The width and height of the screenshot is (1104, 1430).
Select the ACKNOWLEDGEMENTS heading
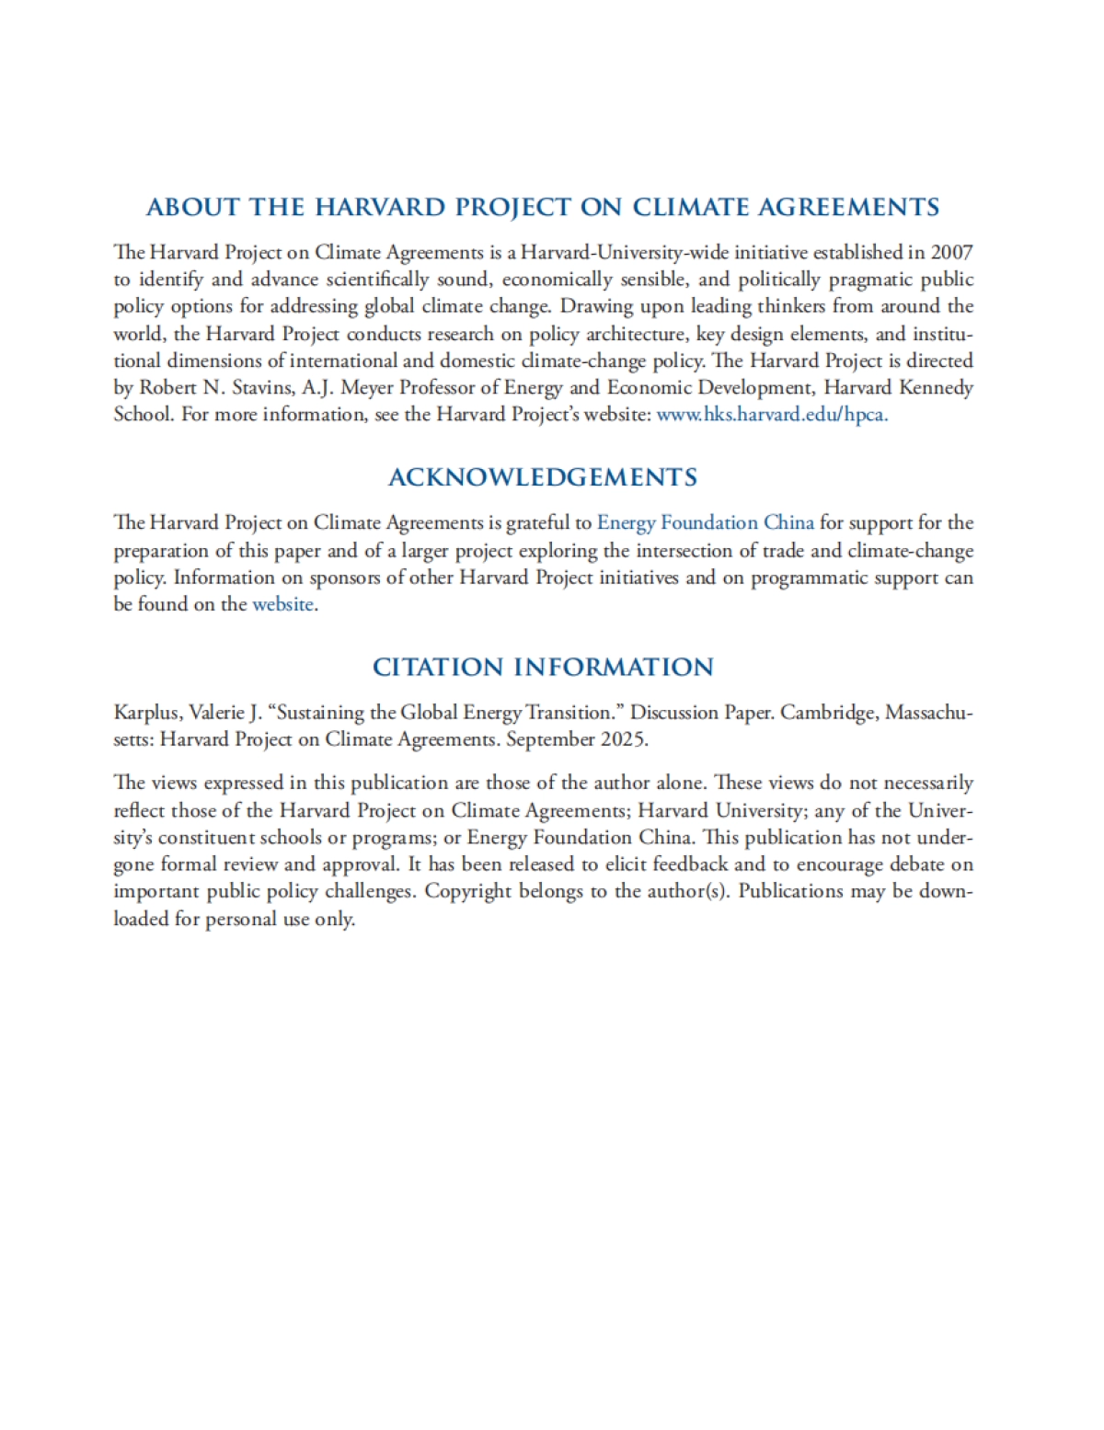(x=543, y=477)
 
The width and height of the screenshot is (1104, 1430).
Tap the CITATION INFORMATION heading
(x=543, y=667)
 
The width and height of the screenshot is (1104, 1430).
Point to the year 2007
(x=951, y=252)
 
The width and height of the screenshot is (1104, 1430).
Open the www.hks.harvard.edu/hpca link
(x=772, y=414)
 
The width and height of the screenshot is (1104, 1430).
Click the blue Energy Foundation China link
(x=705, y=522)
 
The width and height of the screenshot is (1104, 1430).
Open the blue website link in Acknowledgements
(x=282, y=604)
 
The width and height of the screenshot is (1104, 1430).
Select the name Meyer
(x=367, y=387)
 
